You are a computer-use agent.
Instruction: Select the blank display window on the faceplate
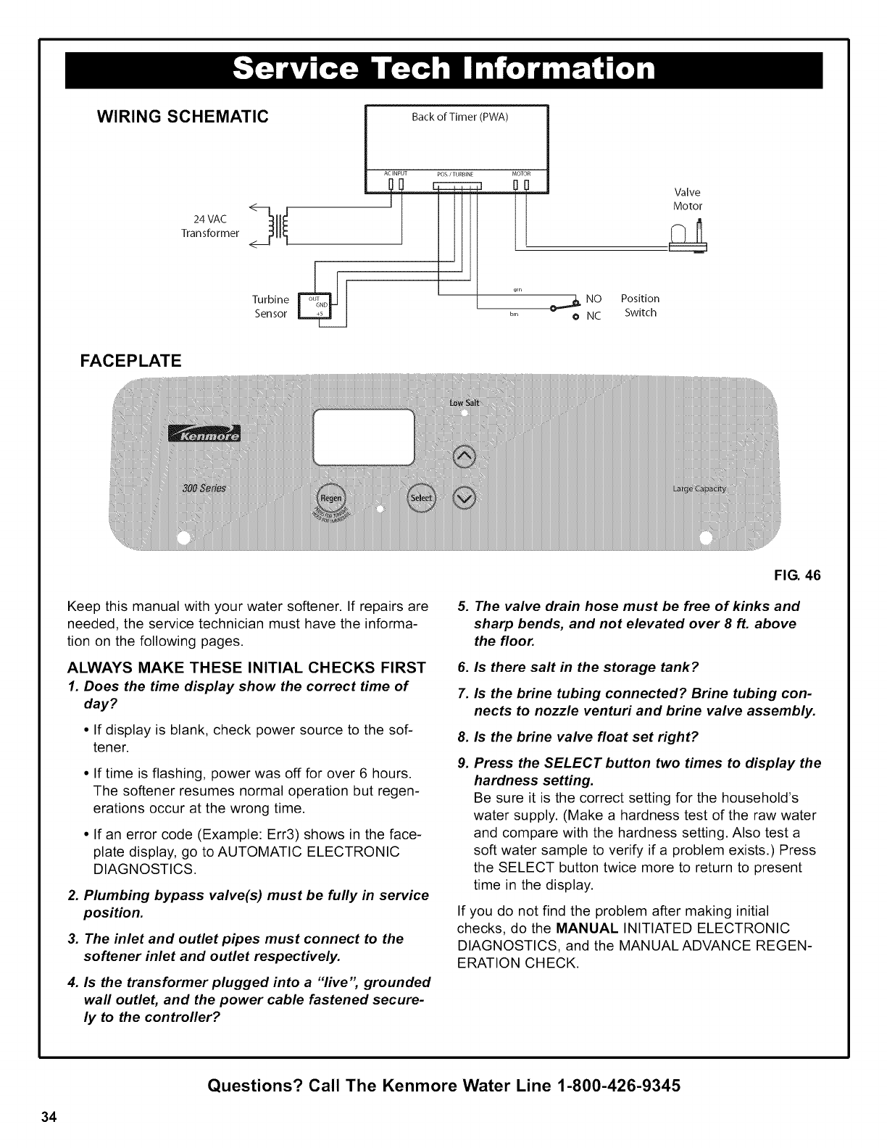click(363, 437)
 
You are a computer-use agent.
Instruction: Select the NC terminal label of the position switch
click(594, 316)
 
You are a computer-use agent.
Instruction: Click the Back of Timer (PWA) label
click(460, 117)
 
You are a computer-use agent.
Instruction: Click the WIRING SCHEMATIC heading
click(178, 115)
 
